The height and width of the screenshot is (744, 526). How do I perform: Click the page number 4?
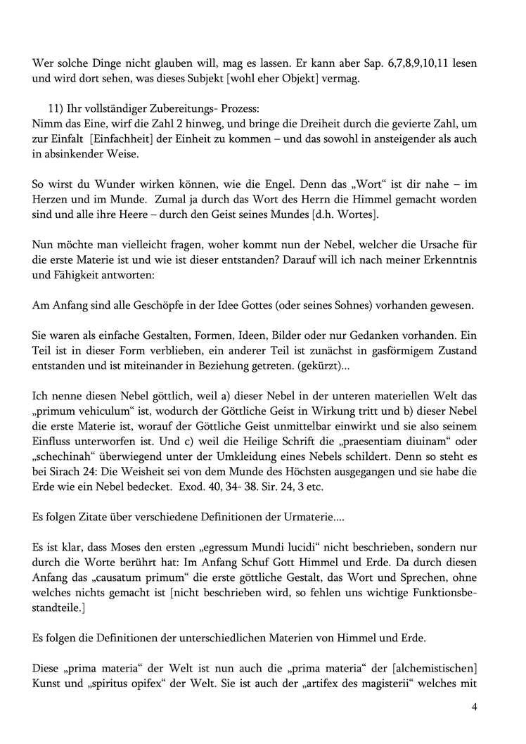[x=475, y=707]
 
